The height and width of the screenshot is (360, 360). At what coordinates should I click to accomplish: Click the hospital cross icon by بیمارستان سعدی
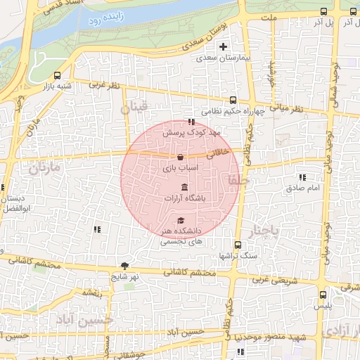pyautogui.click(x=224, y=48)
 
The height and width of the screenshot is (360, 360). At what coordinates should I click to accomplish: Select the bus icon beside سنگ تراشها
pyautogui.click(x=237, y=246)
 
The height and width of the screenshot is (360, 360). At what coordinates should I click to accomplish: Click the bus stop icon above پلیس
pyautogui.click(x=323, y=295)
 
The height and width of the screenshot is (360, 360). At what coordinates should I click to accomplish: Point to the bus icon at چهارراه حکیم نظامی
pyautogui.click(x=233, y=100)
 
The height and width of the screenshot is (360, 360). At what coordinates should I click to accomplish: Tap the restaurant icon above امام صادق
pyautogui.click(x=303, y=177)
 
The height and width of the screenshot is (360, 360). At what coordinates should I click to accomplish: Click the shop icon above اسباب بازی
pyautogui.click(x=181, y=157)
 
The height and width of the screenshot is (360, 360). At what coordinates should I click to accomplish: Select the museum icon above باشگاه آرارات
pyautogui.click(x=184, y=187)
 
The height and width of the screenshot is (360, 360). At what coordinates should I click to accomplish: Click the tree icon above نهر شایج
pyautogui.click(x=125, y=266)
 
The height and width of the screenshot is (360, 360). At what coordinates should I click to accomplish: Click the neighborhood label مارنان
pyautogui.click(x=42, y=168)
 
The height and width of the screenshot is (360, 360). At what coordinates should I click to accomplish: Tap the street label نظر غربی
pyautogui.click(x=104, y=86)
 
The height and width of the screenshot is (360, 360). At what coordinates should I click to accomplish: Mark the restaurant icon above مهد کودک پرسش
pyautogui.click(x=191, y=122)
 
